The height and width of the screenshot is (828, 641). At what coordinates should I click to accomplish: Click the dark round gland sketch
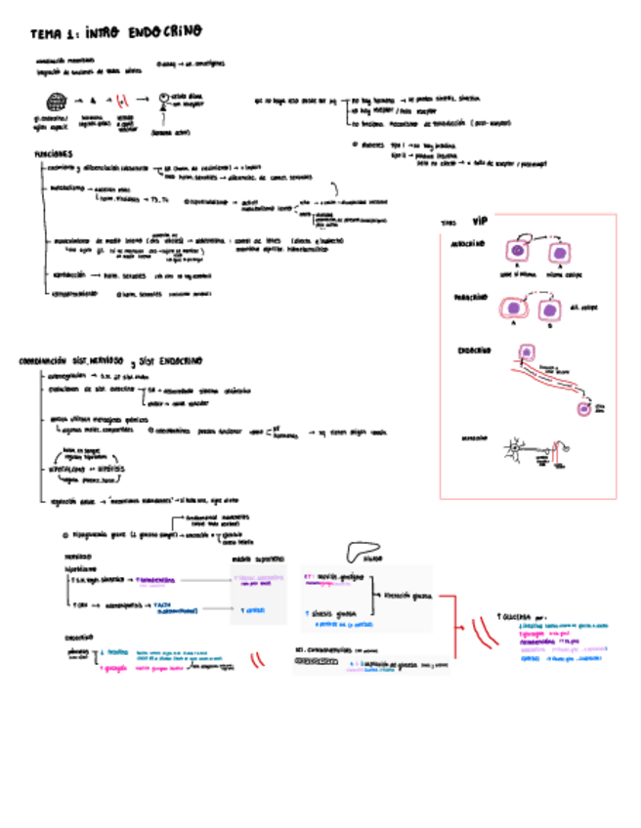tap(56, 100)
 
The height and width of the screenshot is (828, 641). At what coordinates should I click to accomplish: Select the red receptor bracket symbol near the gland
tap(122, 100)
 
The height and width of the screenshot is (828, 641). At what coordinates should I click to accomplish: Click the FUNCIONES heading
tap(53, 154)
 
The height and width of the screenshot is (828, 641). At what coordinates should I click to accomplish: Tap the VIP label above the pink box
tap(479, 221)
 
